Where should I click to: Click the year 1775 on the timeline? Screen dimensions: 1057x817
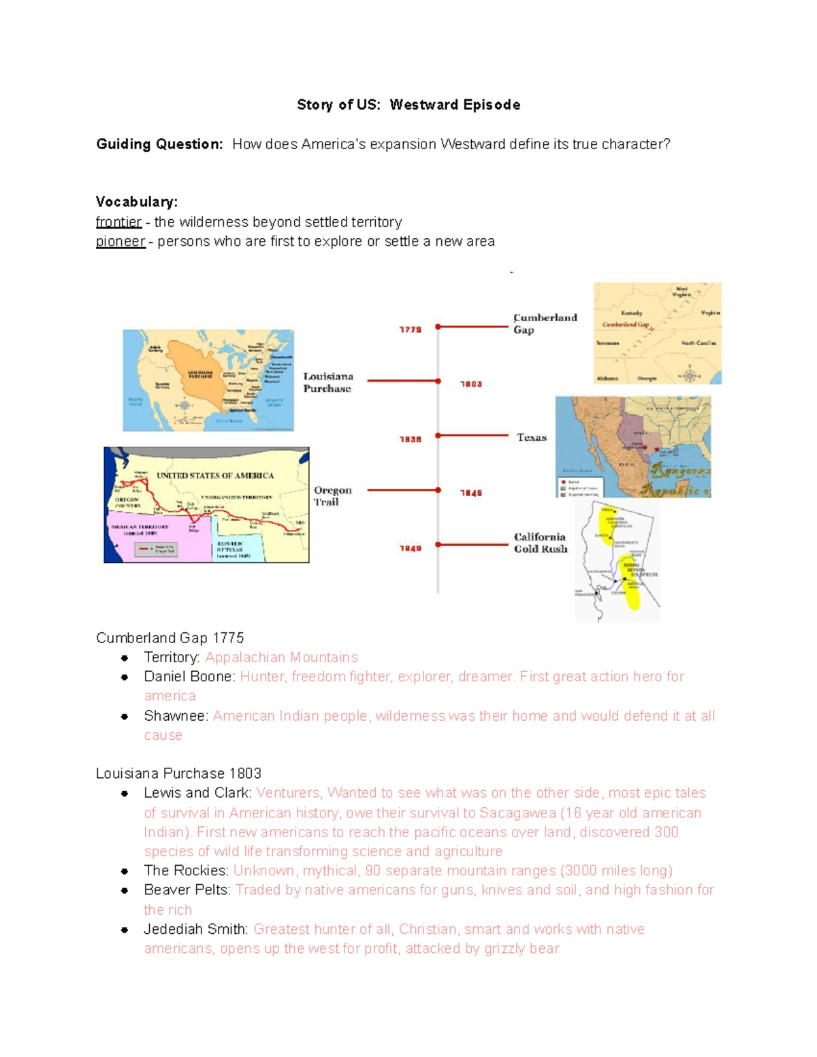410,329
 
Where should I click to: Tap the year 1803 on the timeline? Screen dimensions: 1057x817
470,384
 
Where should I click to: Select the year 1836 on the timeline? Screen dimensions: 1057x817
410,439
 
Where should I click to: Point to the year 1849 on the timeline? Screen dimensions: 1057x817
410,548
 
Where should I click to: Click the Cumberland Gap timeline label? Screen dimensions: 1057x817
545,323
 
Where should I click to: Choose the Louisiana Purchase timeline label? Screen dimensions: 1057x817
327,383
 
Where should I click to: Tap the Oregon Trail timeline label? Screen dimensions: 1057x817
332,495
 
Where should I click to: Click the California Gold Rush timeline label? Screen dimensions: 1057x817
540,542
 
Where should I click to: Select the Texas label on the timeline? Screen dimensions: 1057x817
531,438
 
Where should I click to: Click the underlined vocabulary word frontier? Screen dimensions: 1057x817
118,222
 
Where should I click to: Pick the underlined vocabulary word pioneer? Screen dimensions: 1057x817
121,242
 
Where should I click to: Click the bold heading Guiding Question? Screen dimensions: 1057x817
159,144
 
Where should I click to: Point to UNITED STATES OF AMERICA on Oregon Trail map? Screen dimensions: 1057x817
215,475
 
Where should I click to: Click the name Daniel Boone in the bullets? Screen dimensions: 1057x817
188,677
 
